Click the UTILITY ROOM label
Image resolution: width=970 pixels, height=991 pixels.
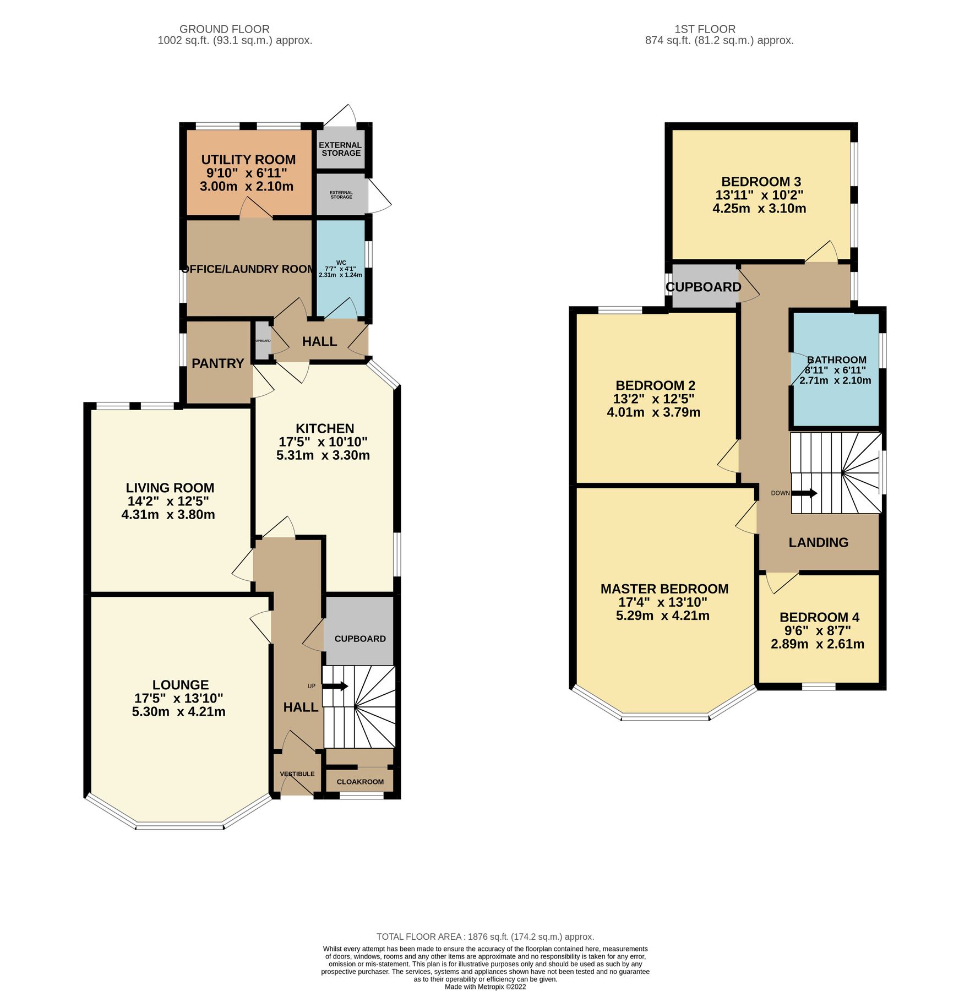[248, 160]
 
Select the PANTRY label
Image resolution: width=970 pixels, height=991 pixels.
[217, 363]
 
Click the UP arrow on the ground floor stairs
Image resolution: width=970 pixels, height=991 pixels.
[335, 686]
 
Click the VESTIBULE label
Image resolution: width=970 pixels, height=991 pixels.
[297, 774]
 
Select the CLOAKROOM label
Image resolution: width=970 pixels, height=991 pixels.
[360, 782]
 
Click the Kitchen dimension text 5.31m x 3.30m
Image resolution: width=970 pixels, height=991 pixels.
[323, 455]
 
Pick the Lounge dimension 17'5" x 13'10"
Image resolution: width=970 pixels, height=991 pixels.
[179, 698]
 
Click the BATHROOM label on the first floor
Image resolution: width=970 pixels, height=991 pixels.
[837, 360]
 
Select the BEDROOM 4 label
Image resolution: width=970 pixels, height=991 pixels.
[819, 617]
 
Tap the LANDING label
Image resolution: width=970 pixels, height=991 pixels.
[818, 542]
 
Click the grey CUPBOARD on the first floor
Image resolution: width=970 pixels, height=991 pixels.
[703, 287]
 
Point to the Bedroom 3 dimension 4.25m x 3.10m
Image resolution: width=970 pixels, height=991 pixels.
[759, 209]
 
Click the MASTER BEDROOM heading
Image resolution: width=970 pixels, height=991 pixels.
[664, 589]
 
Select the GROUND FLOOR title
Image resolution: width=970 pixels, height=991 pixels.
[225, 29]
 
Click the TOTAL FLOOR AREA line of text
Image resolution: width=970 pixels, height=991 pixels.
[485, 936]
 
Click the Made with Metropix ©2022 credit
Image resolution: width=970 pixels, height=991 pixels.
[485, 987]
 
